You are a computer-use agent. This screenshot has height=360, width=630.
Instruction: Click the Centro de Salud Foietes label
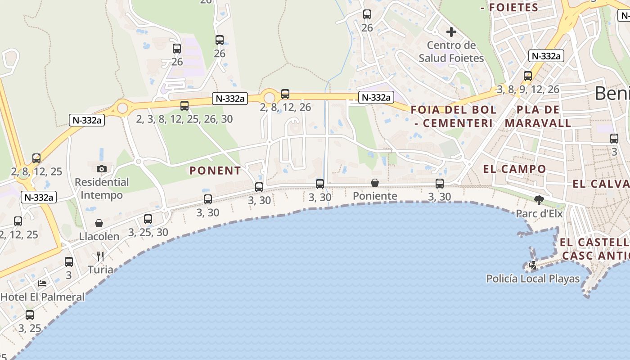(x=451, y=52)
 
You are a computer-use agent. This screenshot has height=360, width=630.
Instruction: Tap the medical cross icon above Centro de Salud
(x=451, y=32)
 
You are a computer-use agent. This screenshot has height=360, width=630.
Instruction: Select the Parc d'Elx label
(x=539, y=214)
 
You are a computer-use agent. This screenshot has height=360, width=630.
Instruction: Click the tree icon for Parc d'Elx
(x=539, y=200)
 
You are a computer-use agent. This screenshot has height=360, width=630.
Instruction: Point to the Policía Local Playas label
(x=533, y=279)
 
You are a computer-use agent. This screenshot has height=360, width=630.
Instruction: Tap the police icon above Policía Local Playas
(x=533, y=265)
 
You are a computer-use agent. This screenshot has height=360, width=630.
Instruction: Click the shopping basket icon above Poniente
(x=374, y=183)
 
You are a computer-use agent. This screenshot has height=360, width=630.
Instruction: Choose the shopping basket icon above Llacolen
(x=99, y=223)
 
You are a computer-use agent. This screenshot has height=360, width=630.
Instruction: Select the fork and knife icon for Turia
(x=100, y=256)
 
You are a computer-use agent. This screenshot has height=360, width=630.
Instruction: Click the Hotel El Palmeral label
(x=42, y=297)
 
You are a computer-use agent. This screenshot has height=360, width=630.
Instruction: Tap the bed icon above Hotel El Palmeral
(x=42, y=283)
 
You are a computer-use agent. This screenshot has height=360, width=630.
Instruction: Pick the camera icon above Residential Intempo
(x=102, y=169)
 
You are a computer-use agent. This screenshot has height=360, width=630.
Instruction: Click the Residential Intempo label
(x=102, y=189)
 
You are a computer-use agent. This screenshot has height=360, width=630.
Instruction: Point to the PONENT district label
(x=215, y=171)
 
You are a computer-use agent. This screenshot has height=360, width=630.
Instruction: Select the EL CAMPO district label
(x=514, y=169)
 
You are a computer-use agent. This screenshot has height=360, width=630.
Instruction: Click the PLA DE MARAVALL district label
(x=538, y=116)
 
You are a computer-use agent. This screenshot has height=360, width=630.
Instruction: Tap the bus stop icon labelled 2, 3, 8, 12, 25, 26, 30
(x=184, y=106)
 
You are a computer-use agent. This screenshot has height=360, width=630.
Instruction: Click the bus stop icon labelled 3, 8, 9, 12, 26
(x=528, y=76)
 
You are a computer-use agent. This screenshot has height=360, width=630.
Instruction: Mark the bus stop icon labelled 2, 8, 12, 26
(x=285, y=94)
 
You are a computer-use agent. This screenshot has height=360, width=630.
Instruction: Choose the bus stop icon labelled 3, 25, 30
(x=148, y=219)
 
